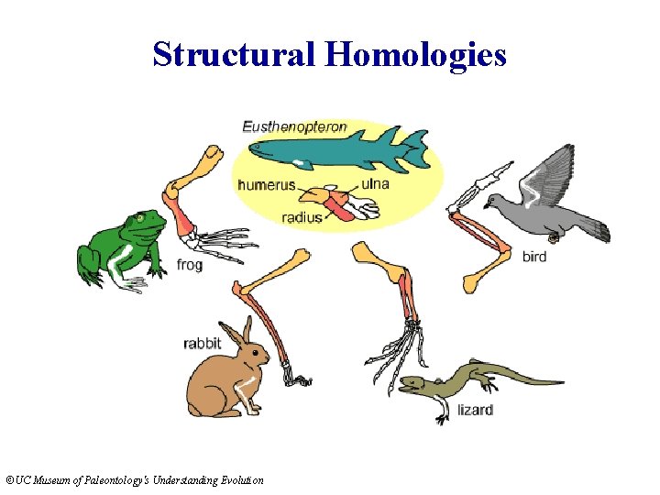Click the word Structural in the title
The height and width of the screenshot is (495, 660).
coord(235,55)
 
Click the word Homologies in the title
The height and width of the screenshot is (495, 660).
coord(415,55)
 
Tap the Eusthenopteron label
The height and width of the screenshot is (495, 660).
coord(294,126)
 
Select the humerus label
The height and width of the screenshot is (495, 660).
coord(266,184)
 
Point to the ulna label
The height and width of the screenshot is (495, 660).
coord(375,183)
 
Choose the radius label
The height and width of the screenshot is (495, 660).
coord(302,217)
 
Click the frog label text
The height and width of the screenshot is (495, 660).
coord(189,265)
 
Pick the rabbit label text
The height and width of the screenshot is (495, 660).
coord(202,344)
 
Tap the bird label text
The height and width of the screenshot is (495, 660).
coord(534,256)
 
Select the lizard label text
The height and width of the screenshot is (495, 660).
coord(476,410)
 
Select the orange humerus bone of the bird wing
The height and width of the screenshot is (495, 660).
coord(486,270)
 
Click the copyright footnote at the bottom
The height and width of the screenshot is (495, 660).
coord(134,480)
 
